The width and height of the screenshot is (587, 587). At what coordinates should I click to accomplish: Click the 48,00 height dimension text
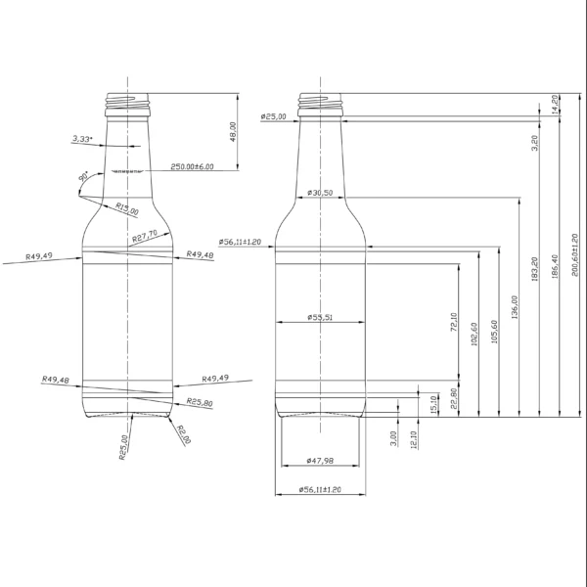tap(233, 132)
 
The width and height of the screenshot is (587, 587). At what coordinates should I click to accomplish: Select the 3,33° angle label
tap(82, 140)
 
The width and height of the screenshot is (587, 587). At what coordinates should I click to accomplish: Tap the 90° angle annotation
tap(85, 176)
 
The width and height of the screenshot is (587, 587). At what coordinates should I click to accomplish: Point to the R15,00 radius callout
tap(126, 208)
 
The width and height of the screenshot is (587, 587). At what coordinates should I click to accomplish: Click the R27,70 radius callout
tap(145, 238)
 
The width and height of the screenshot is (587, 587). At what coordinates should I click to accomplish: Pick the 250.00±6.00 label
tap(192, 167)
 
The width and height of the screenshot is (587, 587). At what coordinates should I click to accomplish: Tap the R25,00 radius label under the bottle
tap(123, 448)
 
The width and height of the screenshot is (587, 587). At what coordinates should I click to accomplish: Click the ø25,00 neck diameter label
tap(274, 117)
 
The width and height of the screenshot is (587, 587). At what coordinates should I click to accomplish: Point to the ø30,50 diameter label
tap(320, 193)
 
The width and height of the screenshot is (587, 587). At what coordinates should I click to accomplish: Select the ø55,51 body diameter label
tap(320, 317)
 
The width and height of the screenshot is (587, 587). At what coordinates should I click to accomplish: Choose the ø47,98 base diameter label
tap(320, 460)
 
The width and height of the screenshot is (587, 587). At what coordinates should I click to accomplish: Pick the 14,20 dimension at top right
tap(555, 104)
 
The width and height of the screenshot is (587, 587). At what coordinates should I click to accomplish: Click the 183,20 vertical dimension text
tap(534, 269)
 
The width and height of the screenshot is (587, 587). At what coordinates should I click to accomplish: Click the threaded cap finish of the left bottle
tap(127, 100)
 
